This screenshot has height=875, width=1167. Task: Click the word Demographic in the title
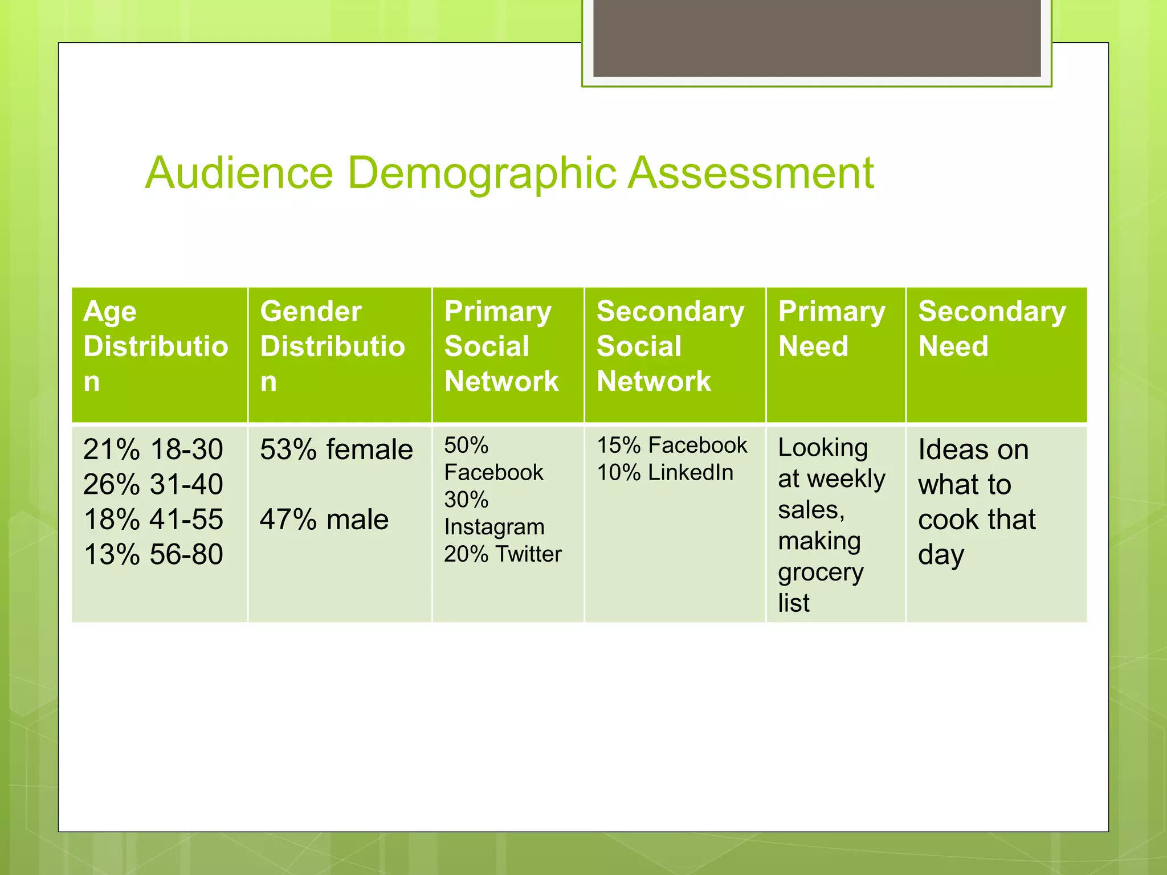[x=482, y=174]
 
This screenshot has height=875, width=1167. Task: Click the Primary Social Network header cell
[x=501, y=346]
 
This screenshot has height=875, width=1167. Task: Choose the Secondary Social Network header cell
[x=670, y=346]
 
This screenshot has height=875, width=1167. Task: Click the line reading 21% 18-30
[x=153, y=449]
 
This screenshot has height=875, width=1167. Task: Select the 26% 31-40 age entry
[x=153, y=485]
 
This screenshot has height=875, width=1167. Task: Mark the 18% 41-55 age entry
[x=153, y=520]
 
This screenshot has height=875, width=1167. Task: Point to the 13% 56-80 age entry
[x=153, y=554]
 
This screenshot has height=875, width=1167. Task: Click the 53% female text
[x=336, y=449]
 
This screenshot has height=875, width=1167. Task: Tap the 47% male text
[x=324, y=520]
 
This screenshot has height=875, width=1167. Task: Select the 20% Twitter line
[x=503, y=554]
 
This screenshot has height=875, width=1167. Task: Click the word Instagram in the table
[x=494, y=528]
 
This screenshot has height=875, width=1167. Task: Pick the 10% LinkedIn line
[x=665, y=472]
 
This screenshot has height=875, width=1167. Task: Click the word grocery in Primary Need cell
[x=821, y=573]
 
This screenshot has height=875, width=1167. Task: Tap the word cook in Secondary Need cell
[x=946, y=520]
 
